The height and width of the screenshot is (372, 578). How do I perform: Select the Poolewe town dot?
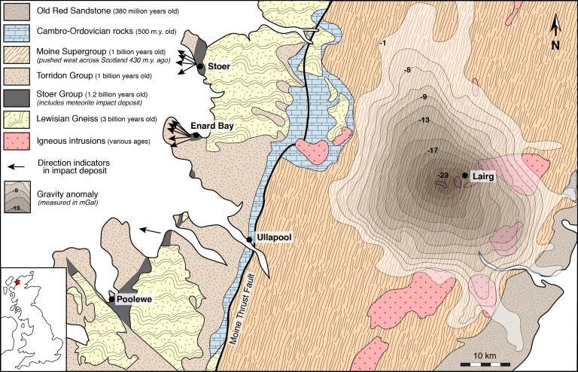pyautogui.click(x=112, y=299)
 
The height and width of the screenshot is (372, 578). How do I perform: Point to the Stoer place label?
pyautogui.click(x=219, y=66)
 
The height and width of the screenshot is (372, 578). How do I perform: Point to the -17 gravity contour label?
pyautogui.click(x=432, y=151)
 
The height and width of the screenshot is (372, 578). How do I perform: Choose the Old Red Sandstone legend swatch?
pyautogui.click(x=17, y=11)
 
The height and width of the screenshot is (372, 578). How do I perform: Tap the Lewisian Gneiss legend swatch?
pyautogui.click(x=17, y=119)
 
